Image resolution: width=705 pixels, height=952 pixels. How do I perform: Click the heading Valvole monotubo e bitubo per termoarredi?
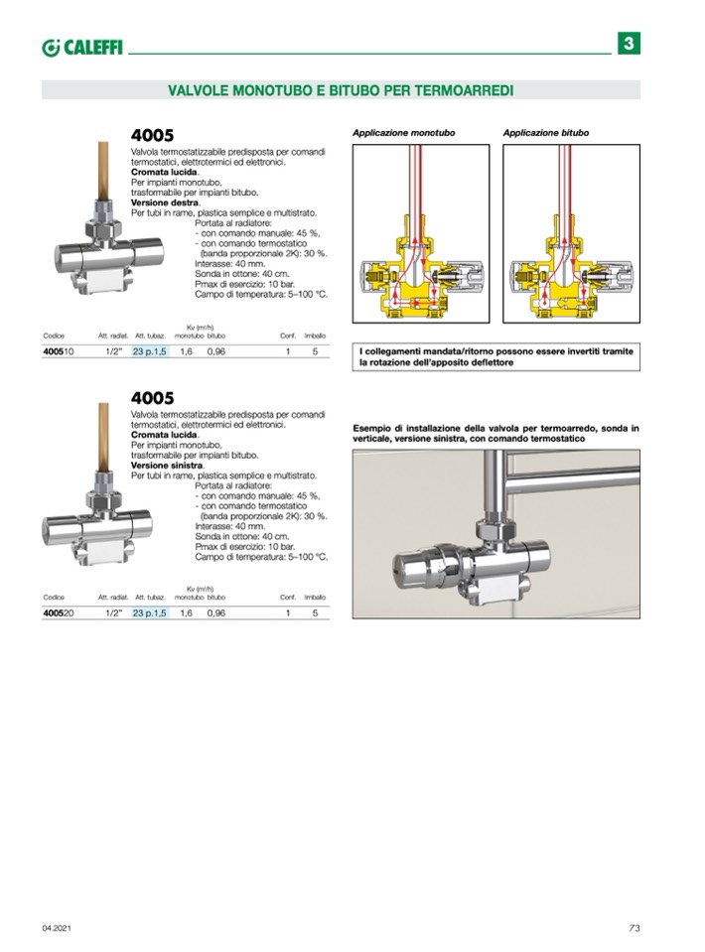341,90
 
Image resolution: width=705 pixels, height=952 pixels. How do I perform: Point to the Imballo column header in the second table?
315,598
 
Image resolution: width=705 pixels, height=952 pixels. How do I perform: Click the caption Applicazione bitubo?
545,132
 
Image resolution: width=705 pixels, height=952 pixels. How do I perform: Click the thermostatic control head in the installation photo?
418,569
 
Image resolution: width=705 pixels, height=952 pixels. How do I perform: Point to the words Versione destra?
165,203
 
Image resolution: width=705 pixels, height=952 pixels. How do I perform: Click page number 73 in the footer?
634,927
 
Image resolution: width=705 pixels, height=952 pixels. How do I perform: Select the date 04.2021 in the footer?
56,927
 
